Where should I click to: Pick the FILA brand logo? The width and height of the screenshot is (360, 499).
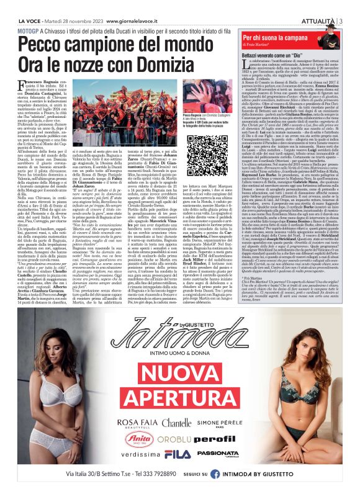coord(177,454)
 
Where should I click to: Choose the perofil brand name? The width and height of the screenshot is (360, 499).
coord(225,437)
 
